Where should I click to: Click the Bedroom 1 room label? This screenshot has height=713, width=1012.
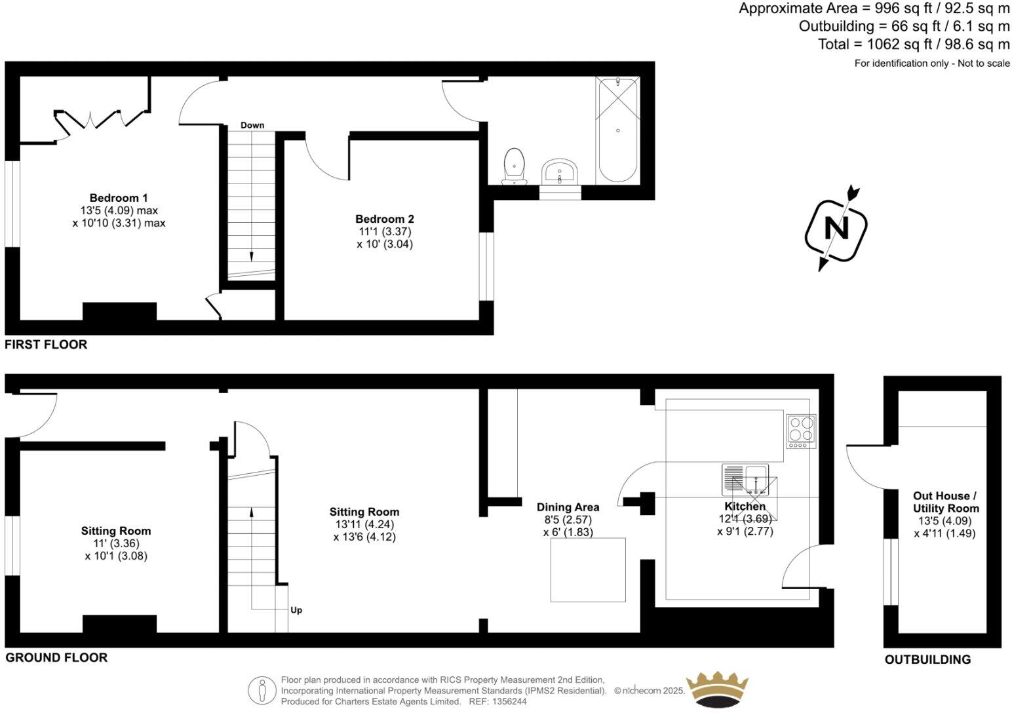[x=119, y=198]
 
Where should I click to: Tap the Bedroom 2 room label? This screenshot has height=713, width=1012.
[x=385, y=219]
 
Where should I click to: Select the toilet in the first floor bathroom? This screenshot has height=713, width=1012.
[x=515, y=166]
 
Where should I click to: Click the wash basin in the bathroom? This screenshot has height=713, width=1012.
[x=560, y=172]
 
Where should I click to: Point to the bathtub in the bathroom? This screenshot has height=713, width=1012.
[x=617, y=130]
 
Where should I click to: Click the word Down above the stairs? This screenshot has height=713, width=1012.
[x=252, y=125]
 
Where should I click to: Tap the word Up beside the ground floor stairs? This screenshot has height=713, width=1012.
[x=296, y=610]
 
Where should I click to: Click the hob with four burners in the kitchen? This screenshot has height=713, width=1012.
[x=801, y=432]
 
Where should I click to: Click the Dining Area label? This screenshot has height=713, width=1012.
[x=568, y=507]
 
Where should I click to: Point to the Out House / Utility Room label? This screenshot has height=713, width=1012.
[x=945, y=502]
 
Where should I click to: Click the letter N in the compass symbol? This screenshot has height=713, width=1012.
[x=836, y=229]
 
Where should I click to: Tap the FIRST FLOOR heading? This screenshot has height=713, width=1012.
[x=46, y=345]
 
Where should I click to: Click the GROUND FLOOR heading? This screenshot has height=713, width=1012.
[x=56, y=657]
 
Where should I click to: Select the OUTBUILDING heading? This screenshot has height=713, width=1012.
[x=927, y=659]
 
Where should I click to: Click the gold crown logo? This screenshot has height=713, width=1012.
[x=716, y=689]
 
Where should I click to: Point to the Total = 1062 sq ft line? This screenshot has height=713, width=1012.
[x=914, y=45]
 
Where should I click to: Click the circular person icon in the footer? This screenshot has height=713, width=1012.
[x=262, y=690]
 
